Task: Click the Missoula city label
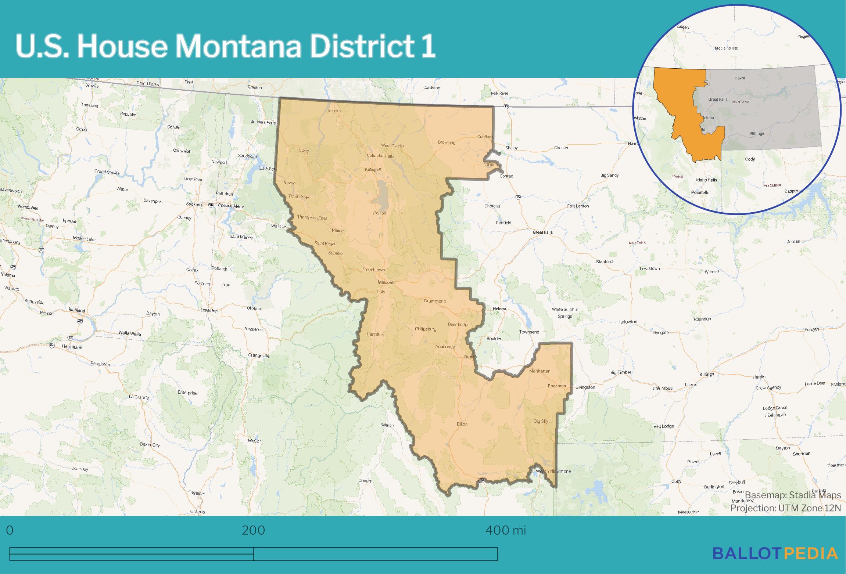pyautogui.click(x=387, y=282)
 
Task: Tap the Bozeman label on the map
pyautogui.click(x=556, y=386)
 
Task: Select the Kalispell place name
pyautogui.click(x=373, y=169)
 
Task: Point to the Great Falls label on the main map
pyautogui.click(x=542, y=232)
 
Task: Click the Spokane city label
pyautogui.click(x=194, y=204)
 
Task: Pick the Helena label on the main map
pyautogui.click(x=499, y=308)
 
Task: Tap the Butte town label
pyautogui.click(x=469, y=357)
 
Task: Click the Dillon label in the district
pyautogui.click(x=462, y=424)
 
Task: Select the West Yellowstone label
pyautogui.click(x=553, y=471)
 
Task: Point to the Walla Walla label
pyautogui.click(x=129, y=333)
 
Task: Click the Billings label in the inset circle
pyautogui.click(x=757, y=133)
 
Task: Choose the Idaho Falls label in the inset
pyautogui.click(x=706, y=180)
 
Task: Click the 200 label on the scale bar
pyautogui.click(x=253, y=530)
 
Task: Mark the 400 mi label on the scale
pyautogui.click(x=506, y=530)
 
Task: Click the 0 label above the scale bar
pyautogui.click(x=10, y=530)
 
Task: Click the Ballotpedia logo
pyautogui.click(x=775, y=553)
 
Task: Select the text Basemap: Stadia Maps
pyautogui.click(x=793, y=495)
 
